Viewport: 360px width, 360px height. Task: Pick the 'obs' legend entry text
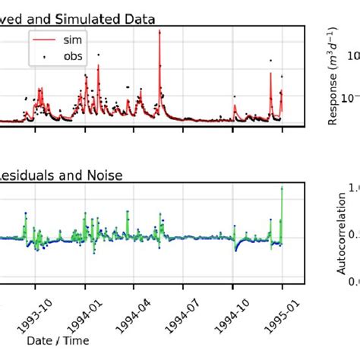pyautogui.click(x=75, y=55)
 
